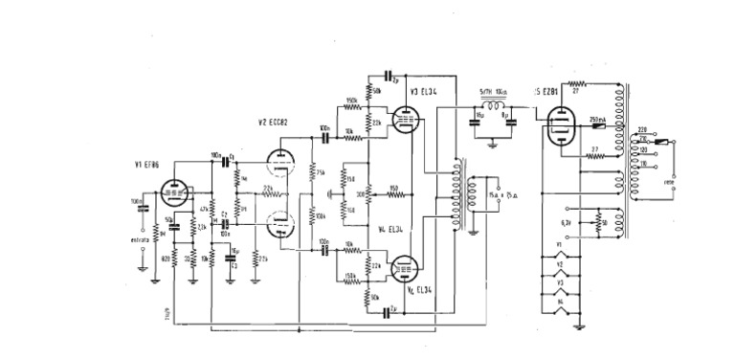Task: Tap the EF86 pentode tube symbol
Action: click(x=175, y=195)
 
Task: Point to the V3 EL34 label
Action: click(x=422, y=91)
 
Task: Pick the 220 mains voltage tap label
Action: click(x=642, y=129)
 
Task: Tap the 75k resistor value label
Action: click(x=321, y=172)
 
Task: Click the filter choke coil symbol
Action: click(x=495, y=105)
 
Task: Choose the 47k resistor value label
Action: click(x=203, y=206)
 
